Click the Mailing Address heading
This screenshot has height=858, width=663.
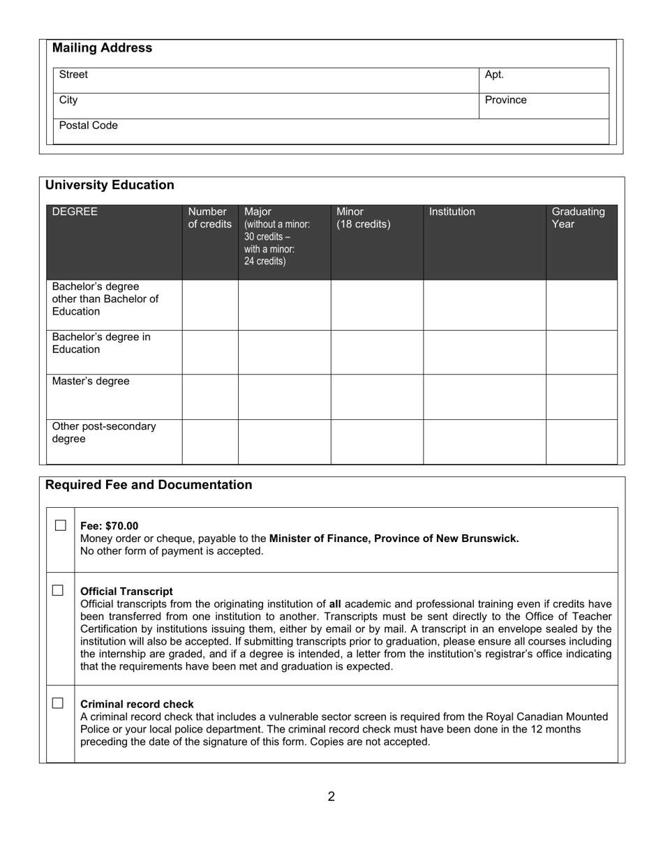[x=102, y=48]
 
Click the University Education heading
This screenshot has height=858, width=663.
[x=110, y=186]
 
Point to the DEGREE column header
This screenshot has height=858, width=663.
[x=75, y=212]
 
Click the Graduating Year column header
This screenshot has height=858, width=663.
[x=578, y=218]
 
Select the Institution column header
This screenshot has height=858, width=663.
[x=452, y=212]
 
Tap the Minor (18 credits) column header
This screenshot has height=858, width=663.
[x=363, y=218]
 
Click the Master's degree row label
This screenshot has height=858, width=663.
[x=91, y=382]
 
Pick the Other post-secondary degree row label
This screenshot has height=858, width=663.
[x=104, y=432]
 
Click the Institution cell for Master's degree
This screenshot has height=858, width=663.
[x=484, y=397]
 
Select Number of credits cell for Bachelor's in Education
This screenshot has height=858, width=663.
[x=210, y=352]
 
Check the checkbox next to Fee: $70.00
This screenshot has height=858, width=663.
[x=61, y=525]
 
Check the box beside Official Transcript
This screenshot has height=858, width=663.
[x=58, y=590]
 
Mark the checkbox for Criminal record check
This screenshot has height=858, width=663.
[x=58, y=703]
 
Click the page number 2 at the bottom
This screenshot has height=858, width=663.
[x=331, y=797]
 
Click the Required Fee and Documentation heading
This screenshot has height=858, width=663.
[x=149, y=485]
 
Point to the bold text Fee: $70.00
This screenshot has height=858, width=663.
[x=110, y=526]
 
